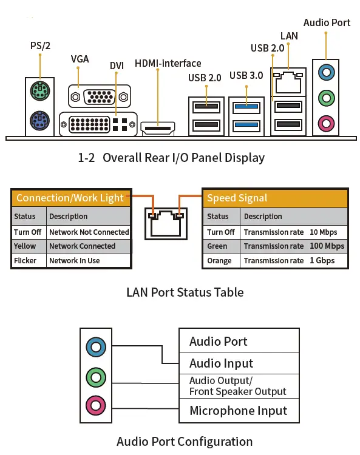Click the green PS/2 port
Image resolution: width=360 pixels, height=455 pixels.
point(40,92)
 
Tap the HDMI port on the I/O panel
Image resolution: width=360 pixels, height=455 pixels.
point(158,128)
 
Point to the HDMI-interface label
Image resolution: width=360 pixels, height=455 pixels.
point(168,63)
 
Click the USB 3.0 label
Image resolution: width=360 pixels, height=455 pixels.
point(246,76)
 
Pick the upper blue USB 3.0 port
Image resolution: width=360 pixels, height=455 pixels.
point(246,106)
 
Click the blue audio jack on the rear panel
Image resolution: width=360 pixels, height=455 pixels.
point(327,72)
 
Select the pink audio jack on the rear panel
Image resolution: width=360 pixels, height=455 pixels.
point(327,123)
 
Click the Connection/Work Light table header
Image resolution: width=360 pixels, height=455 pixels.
point(70,198)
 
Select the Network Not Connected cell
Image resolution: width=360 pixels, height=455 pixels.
point(89,232)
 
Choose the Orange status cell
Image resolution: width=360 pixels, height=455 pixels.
point(220,261)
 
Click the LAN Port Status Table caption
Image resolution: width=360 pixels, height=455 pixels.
point(185,292)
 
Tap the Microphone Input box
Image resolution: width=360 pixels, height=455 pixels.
point(238,411)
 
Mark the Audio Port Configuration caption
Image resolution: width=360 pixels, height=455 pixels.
point(185,441)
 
